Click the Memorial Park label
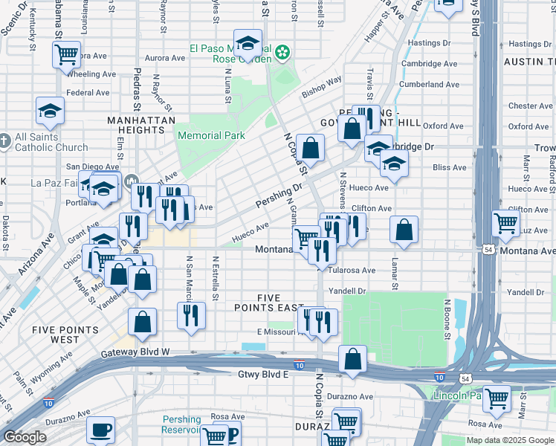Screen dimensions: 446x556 [x=212, y=135]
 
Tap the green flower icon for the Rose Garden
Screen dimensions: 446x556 [x=282, y=52]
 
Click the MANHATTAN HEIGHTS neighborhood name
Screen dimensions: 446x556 [x=141, y=126]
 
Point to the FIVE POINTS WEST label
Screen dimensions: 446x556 [x=65, y=334]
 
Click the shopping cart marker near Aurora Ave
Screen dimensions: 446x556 [x=66, y=54]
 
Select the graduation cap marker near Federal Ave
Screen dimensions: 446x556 [x=50, y=111]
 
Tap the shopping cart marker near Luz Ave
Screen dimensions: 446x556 [x=505, y=222]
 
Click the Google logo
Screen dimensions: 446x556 [x=25, y=436]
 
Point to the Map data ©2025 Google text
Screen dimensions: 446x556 [x=509, y=440]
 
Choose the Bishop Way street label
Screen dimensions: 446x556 [x=322, y=87]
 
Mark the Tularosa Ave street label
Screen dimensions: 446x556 [x=352, y=271]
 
